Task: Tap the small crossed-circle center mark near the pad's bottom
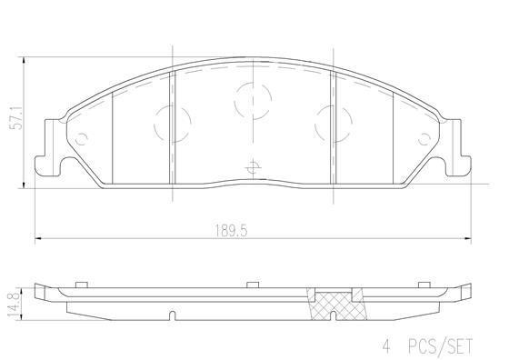tap(251, 166)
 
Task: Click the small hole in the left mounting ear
tap(83, 139)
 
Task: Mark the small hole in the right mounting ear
tap(424, 139)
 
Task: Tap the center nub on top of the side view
tap(250, 285)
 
